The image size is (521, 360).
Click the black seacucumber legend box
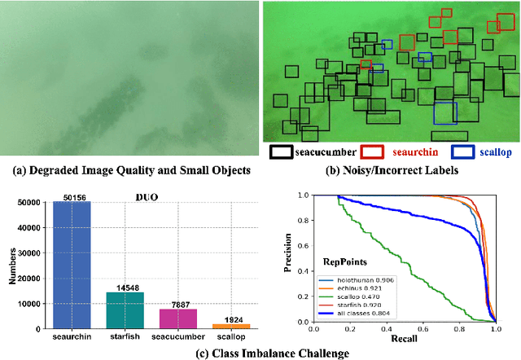(x=282, y=152)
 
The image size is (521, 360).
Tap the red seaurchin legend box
(x=372, y=152)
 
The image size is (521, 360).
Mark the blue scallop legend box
(x=462, y=152)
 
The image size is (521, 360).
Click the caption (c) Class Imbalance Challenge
(x=260, y=352)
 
